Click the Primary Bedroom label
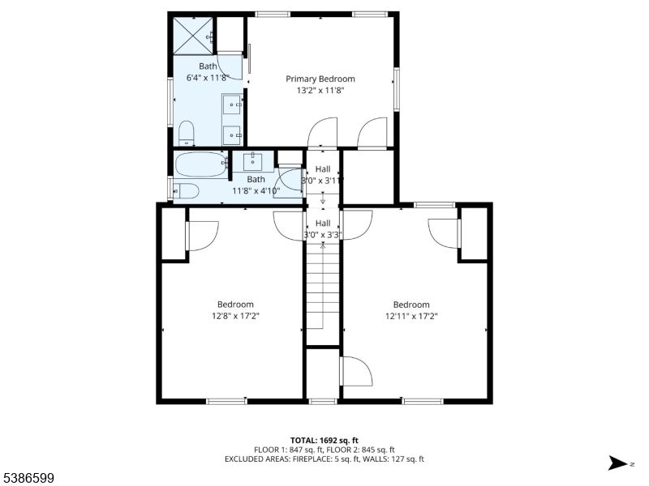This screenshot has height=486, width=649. pos(320,79)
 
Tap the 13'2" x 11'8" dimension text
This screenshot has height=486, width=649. pos(320,91)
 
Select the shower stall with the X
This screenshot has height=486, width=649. pos(193,36)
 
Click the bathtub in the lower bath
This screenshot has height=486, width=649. pos(201,164)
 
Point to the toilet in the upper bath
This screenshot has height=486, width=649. pos(187,133)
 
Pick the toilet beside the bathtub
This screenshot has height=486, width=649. pos(186,191)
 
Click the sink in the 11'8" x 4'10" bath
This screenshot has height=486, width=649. pos(252,161)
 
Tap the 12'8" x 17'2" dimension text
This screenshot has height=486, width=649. pos(235,316)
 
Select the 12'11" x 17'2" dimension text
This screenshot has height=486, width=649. pos(411,317)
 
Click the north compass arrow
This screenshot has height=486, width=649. pos(618,463)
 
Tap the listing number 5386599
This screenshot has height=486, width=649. pos(27,479)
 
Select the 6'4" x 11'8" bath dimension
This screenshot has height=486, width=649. pos(208,77)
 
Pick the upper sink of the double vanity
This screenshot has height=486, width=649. pos(232,104)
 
